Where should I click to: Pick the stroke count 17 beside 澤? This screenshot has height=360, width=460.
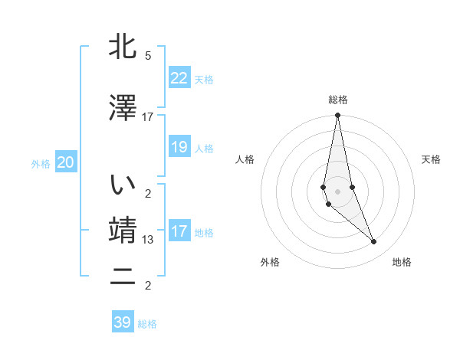click(x=148, y=117)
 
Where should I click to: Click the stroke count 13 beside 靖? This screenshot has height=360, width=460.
click(x=148, y=240)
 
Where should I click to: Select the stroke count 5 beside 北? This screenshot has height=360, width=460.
click(x=148, y=56)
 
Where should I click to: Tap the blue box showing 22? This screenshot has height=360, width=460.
click(x=179, y=77)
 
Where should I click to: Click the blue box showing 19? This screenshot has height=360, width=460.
click(x=179, y=147)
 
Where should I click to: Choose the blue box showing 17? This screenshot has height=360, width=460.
click(x=179, y=231)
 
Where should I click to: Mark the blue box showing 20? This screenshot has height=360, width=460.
click(x=65, y=162)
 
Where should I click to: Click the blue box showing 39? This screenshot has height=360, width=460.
click(x=122, y=322)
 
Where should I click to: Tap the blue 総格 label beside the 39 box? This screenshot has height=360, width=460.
click(x=147, y=324)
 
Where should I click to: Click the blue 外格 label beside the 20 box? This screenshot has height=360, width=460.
click(x=41, y=164)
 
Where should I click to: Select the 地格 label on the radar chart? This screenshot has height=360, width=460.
click(x=402, y=262)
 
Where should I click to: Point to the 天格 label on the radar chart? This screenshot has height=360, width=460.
click(x=432, y=159)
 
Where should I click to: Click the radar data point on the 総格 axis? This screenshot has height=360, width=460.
click(x=337, y=116)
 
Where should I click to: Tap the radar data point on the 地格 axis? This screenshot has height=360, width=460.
click(x=374, y=242)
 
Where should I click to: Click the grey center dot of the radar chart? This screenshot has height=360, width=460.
click(x=337, y=191)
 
